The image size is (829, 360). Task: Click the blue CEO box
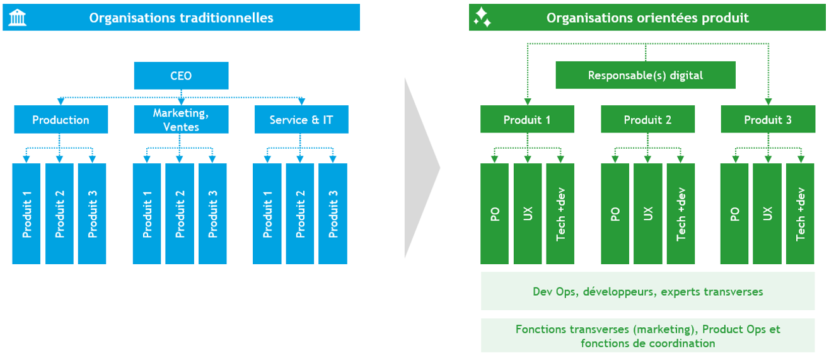pyautogui.click(x=181, y=76)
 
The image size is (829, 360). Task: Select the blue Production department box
pyautogui.click(x=61, y=120)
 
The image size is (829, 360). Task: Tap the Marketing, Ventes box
pyautogui.click(x=181, y=120)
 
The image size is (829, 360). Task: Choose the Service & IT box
pyautogui.click(x=301, y=120)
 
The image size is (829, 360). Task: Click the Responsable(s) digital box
pyautogui.click(x=645, y=75)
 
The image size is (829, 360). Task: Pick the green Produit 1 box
pyautogui.click(x=527, y=120)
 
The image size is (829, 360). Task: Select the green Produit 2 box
pyautogui.click(x=647, y=120)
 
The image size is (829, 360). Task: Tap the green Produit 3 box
pyautogui.click(x=768, y=120)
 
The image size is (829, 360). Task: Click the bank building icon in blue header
pyautogui.click(x=18, y=18)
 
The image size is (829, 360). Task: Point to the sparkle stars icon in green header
pyautogui.click(x=482, y=18)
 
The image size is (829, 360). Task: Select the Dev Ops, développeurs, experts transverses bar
pyautogui.click(x=647, y=291)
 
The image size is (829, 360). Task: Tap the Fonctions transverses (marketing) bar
pyautogui.click(x=647, y=335)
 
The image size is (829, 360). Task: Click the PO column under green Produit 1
pyautogui.click(x=494, y=214)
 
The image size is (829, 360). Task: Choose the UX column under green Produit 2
pyautogui.click(x=647, y=214)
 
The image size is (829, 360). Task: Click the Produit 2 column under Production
pyautogui.click(x=59, y=214)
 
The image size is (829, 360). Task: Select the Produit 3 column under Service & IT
pyautogui.click(x=333, y=214)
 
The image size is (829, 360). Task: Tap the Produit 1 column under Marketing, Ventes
pyautogui.click(x=147, y=214)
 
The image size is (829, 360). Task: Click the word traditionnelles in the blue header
pyautogui.click(x=235, y=18)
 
